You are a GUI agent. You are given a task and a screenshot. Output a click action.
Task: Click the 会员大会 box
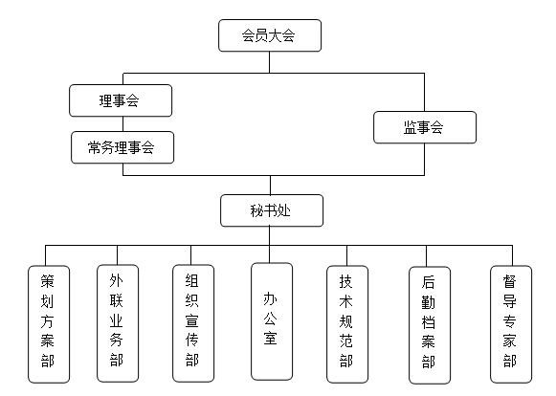pyautogui.click(x=270, y=35)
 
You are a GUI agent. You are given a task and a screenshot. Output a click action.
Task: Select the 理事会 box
pyautogui.click(x=121, y=100)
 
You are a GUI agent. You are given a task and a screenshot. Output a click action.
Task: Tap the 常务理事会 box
pyautogui.click(x=122, y=147)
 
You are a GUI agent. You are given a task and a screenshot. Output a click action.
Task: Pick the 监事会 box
pyautogui.click(x=425, y=127)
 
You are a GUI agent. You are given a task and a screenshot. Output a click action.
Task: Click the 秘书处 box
pyautogui.click(x=272, y=210)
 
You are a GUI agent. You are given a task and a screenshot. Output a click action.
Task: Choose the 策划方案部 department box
pyautogui.click(x=49, y=324)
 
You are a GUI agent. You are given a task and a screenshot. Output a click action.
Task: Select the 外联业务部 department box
pyautogui.click(x=118, y=323)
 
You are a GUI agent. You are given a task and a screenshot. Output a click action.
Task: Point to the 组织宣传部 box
pyautogui.click(x=193, y=323)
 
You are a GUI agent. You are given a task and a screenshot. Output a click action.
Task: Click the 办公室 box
pyautogui.click(x=272, y=321)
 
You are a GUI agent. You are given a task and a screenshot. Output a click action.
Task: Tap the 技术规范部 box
pyautogui.click(x=347, y=324)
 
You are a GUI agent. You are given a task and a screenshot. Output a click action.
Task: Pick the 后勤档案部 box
pyautogui.click(x=430, y=325)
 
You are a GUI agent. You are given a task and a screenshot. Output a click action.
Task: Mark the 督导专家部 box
pyautogui.click(x=511, y=324)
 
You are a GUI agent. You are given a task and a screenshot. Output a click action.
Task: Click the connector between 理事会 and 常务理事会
pyautogui.click(x=123, y=124)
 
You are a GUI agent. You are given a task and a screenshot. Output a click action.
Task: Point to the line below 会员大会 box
pyautogui.click(x=270, y=62)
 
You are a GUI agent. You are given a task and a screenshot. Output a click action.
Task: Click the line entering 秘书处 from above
pyautogui.click(x=270, y=185)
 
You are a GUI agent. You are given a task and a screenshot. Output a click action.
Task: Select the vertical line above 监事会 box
pyautogui.click(x=424, y=92)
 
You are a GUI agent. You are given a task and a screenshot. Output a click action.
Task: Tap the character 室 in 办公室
pyautogui.click(x=270, y=338)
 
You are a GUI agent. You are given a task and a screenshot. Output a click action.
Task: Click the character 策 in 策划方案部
pyautogui.click(x=47, y=281)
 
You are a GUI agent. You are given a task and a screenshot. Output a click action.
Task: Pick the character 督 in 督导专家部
pyautogui.click(x=509, y=281)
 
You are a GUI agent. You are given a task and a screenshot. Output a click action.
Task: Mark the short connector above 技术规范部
pyautogui.click(x=346, y=255)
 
